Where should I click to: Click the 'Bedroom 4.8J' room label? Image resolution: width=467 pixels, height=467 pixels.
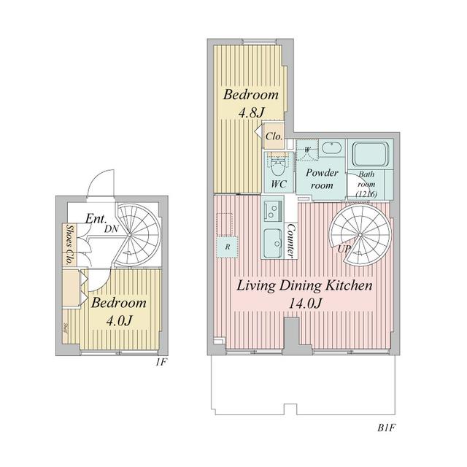pyautogui.click(x=250, y=103)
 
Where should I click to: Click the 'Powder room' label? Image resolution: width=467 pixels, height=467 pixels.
pyautogui.click(x=321, y=179)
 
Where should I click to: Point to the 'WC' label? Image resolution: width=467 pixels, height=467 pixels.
pyautogui.click(x=278, y=185)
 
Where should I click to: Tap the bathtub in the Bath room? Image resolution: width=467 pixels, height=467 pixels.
pyautogui.click(x=374, y=155)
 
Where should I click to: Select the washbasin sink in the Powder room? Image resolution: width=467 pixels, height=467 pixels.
pyautogui.click(x=332, y=147)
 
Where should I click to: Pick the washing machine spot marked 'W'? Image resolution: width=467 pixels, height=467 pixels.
pyautogui.click(x=307, y=150)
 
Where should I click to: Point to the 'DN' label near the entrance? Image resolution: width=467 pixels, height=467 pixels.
pyautogui.click(x=112, y=228)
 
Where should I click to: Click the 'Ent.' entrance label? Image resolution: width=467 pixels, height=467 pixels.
pyautogui.click(x=97, y=218)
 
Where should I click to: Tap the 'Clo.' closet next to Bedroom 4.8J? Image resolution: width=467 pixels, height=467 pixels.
pyautogui.click(x=274, y=136)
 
